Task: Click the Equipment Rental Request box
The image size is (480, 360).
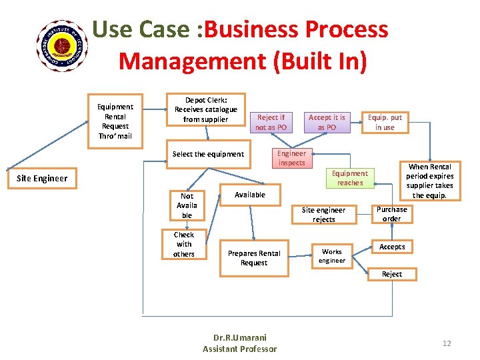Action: (x=115, y=121)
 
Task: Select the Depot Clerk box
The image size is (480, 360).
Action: (x=205, y=109)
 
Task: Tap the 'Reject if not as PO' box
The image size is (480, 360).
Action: (x=271, y=122)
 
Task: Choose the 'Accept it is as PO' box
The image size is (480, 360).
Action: (x=327, y=122)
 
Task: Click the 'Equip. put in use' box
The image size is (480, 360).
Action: (x=385, y=122)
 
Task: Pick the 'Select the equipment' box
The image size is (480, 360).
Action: (x=208, y=154)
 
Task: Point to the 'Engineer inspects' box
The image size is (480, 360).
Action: (x=291, y=158)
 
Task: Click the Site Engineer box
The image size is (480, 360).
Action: (x=41, y=178)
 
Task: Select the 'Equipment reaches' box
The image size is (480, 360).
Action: (x=350, y=178)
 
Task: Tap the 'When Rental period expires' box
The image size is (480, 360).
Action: (x=429, y=181)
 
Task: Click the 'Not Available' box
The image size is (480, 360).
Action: (x=187, y=205)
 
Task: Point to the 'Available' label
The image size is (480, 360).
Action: (x=250, y=195)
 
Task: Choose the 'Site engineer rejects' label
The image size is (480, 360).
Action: (x=324, y=215)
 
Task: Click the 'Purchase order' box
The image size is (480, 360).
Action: (x=391, y=214)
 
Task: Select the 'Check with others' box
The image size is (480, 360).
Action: (x=184, y=244)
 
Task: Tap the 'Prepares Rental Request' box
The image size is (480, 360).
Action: (x=254, y=258)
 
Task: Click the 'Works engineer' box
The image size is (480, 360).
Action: (x=331, y=256)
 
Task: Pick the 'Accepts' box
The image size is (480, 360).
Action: (x=392, y=247)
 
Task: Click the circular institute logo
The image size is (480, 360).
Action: (x=63, y=45)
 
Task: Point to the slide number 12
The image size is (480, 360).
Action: (x=447, y=343)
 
